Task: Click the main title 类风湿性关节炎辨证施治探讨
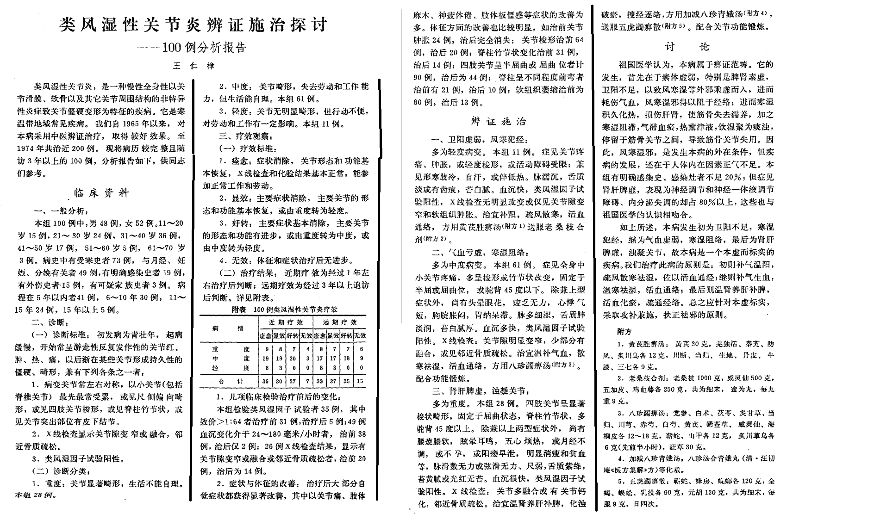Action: (193, 24)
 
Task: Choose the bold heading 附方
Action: (624, 331)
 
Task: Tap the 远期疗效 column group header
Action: (340, 322)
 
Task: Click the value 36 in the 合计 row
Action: (265, 381)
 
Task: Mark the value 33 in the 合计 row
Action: (319, 381)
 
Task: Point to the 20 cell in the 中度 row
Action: (293, 358)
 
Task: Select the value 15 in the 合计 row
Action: (360, 381)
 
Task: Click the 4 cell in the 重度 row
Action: (307, 349)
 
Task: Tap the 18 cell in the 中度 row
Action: (347, 358)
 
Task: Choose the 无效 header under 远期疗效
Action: (360, 335)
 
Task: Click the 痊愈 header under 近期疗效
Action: (265, 335)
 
